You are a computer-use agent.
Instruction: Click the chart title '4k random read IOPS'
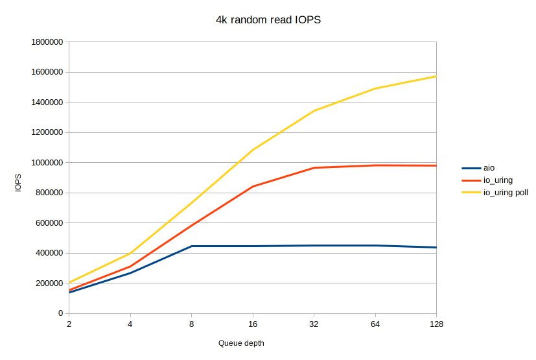click(x=268, y=20)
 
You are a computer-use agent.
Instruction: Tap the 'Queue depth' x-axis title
click(x=241, y=343)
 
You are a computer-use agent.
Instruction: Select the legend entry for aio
click(x=489, y=168)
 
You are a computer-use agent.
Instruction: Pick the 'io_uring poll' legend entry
click(x=506, y=193)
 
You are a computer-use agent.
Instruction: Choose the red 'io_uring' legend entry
click(x=498, y=180)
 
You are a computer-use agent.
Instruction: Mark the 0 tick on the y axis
click(x=59, y=313)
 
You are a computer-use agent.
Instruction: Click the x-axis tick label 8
click(x=192, y=324)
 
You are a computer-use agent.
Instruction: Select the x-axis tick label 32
click(x=314, y=324)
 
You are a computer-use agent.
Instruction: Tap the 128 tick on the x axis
click(x=436, y=324)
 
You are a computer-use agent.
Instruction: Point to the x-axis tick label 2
click(x=69, y=324)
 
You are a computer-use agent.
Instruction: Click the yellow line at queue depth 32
click(x=314, y=111)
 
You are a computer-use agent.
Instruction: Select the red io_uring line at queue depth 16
click(x=253, y=187)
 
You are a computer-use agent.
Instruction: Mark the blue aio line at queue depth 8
click(x=192, y=246)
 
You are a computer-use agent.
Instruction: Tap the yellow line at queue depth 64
click(x=375, y=88)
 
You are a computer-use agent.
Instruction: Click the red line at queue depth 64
click(x=375, y=165)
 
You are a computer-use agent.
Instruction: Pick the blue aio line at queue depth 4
click(x=130, y=273)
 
